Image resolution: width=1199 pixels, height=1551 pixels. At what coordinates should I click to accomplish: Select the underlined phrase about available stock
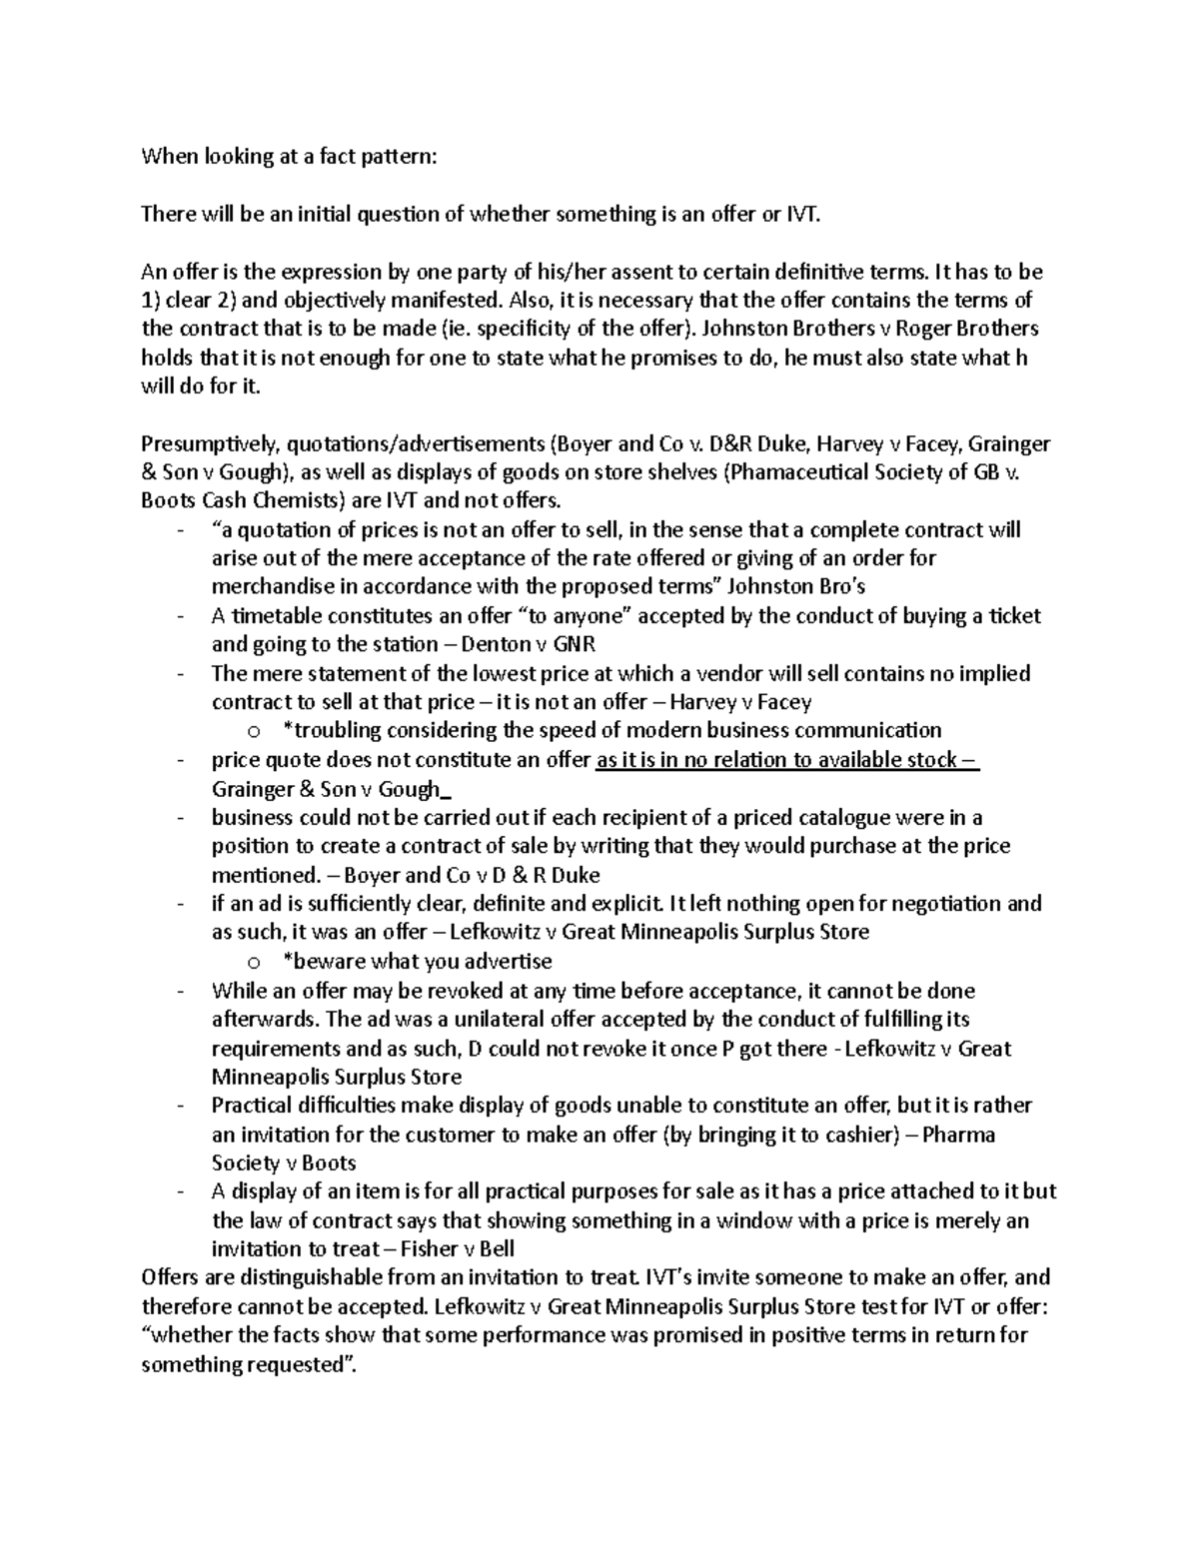coord(787,760)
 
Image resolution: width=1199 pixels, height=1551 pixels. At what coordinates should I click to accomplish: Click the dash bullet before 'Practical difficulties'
coord(179,1106)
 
